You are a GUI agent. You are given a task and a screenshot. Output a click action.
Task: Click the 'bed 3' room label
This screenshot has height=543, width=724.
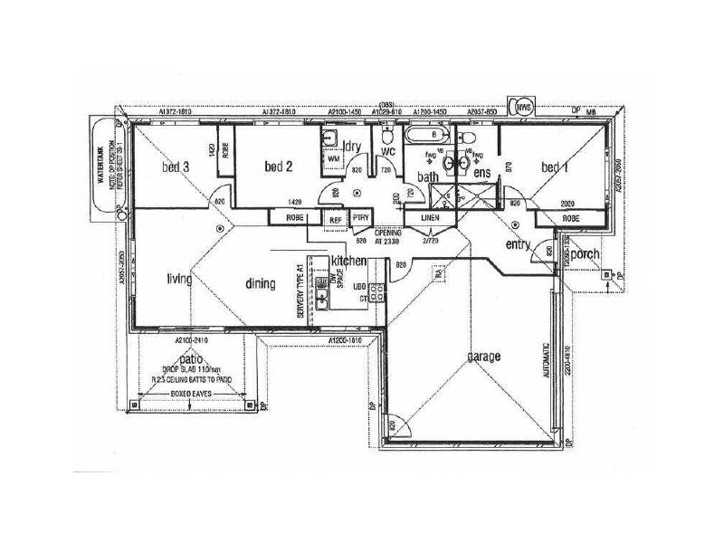click(176, 167)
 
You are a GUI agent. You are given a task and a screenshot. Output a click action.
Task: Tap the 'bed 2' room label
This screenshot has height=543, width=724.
click(278, 166)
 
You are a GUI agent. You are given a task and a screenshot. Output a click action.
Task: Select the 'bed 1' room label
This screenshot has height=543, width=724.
click(555, 167)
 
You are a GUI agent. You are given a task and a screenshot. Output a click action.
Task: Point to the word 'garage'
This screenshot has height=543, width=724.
click(484, 357)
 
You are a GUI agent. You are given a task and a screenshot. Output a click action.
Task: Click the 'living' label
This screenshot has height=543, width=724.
click(179, 280)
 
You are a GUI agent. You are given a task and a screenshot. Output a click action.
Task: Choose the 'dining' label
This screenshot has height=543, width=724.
click(260, 284)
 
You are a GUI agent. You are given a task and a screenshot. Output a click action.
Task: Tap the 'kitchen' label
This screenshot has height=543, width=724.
click(348, 261)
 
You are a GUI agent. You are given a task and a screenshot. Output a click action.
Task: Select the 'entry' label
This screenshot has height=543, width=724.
click(518, 244)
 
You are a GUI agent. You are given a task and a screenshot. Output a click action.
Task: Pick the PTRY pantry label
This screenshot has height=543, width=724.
click(360, 218)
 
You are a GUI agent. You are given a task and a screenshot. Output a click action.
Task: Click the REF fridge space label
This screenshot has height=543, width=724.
click(335, 219)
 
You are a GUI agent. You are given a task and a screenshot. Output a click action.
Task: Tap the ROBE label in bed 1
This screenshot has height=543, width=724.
click(570, 218)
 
